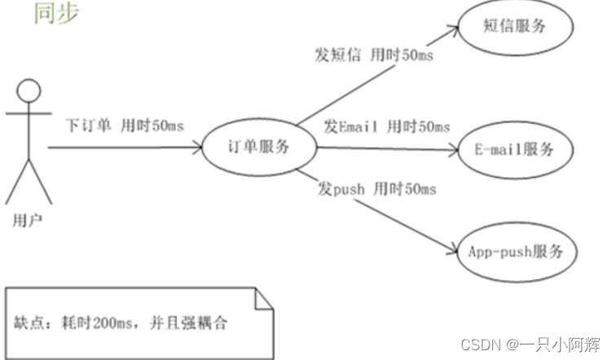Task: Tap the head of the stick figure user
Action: pos(30,91)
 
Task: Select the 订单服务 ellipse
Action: pos(258,147)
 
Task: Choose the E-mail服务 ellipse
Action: pos(514,150)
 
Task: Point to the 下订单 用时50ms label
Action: pos(125,126)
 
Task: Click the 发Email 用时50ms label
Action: pos(386,127)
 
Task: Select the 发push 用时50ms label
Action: pos(377,189)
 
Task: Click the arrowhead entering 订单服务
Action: pos(198,148)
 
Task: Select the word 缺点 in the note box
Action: pos(30,322)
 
